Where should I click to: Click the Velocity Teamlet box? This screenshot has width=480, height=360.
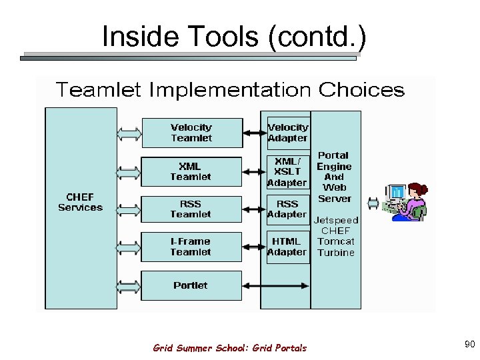click(x=191, y=133)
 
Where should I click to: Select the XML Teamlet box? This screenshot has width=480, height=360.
click(x=191, y=171)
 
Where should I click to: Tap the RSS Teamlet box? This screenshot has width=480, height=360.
click(x=191, y=209)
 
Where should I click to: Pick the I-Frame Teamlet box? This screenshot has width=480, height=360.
click(x=191, y=247)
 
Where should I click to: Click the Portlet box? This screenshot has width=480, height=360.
click(x=191, y=285)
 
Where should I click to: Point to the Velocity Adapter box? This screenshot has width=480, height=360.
click(x=288, y=133)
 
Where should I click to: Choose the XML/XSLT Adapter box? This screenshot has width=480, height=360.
click(x=288, y=172)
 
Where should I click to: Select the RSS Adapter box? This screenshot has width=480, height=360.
click(x=288, y=209)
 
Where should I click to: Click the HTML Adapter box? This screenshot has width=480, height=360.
click(x=288, y=247)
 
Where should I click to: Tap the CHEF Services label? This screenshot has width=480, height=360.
click(x=81, y=202)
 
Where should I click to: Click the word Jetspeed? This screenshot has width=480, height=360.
click(x=336, y=220)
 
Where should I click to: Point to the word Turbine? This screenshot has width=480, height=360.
click(x=336, y=253)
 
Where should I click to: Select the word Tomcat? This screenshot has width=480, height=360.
click(x=336, y=241)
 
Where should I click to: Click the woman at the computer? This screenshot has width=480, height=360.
click(x=407, y=201)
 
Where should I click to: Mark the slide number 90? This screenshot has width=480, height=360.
click(x=469, y=344)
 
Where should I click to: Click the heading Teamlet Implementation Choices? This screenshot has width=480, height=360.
click(x=231, y=90)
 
